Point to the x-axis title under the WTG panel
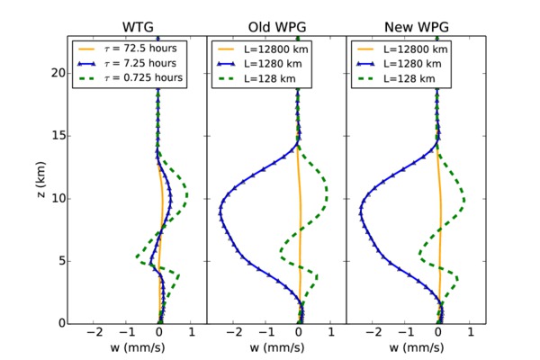(136, 347)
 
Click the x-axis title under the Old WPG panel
(276, 347)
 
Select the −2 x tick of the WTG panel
(94, 332)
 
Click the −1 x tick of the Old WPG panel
(266, 332)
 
